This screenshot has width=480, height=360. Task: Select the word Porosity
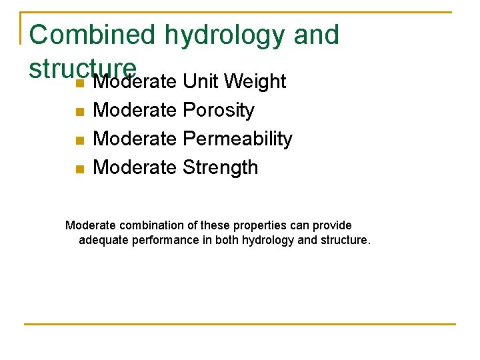pyautogui.click(x=218, y=110)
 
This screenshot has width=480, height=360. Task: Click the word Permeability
pyautogui.click(x=237, y=139)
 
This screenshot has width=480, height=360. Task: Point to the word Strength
pyautogui.click(x=220, y=167)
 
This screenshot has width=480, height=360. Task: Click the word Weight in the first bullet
pyautogui.click(x=255, y=82)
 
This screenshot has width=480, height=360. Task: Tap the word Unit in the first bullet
pyautogui.click(x=201, y=82)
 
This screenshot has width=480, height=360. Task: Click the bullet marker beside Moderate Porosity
pyautogui.click(x=79, y=111)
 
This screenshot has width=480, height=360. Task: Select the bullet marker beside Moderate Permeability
pyautogui.click(x=79, y=140)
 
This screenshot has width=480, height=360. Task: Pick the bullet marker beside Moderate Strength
pyautogui.click(x=79, y=169)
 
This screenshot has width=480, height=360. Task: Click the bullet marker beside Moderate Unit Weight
pyautogui.click(x=79, y=83)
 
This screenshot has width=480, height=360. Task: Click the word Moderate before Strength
pyautogui.click(x=135, y=167)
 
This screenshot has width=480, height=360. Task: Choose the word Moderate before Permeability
pyautogui.click(x=135, y=139)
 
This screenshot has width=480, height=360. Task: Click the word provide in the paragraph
pyautogui.click(x=333, y=225)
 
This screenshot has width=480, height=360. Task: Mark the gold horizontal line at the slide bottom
pyautogui.click(x=240, y=325)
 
